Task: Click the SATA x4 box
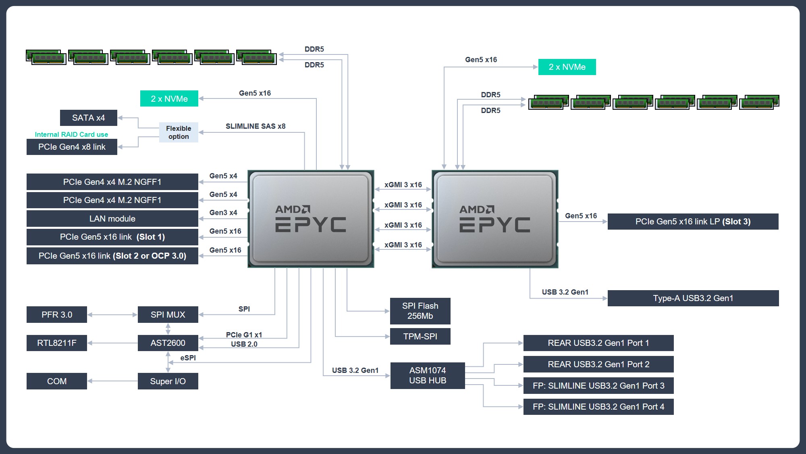point(88,118)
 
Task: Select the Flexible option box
point(179,132)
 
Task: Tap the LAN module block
point(112,219)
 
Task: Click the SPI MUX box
point(168,315)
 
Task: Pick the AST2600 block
point(168,343)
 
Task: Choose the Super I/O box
point(168,381)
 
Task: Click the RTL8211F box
point(56,343)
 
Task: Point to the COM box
point(56,381)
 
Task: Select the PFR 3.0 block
point(56,315)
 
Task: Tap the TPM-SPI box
point(420,337)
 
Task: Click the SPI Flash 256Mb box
point(420,311)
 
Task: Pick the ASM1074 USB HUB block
point(427,376)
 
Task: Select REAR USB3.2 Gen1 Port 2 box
point(598,364)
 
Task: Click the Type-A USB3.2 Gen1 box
point(693,298)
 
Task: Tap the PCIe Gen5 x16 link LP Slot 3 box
point(693,222)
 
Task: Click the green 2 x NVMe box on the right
point(567,67)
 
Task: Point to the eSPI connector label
point(188,358)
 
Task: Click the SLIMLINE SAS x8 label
point(255,126)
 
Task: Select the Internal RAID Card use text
point(71,134)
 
